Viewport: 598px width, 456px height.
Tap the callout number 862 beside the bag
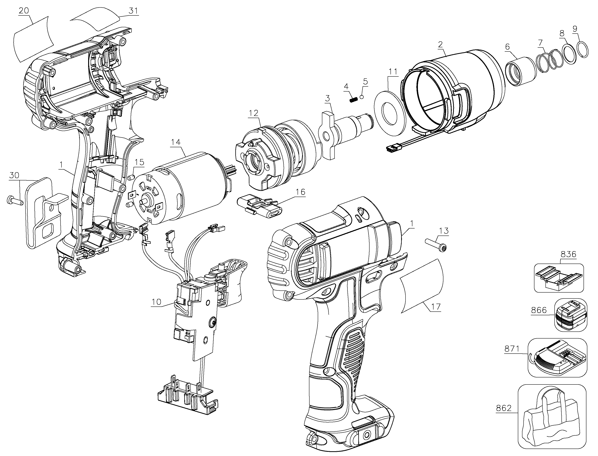pyautogui.click(x=504, y=416)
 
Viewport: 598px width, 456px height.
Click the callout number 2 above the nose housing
pyautogui.click(x=440, y=44)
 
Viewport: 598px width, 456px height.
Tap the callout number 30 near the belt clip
pyautogui.click(x=14, y=175)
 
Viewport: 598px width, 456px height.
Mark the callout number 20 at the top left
pyautogui.click(x=24, y=11)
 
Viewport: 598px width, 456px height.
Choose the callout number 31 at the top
pyautogui.click(x=133, y=11)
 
